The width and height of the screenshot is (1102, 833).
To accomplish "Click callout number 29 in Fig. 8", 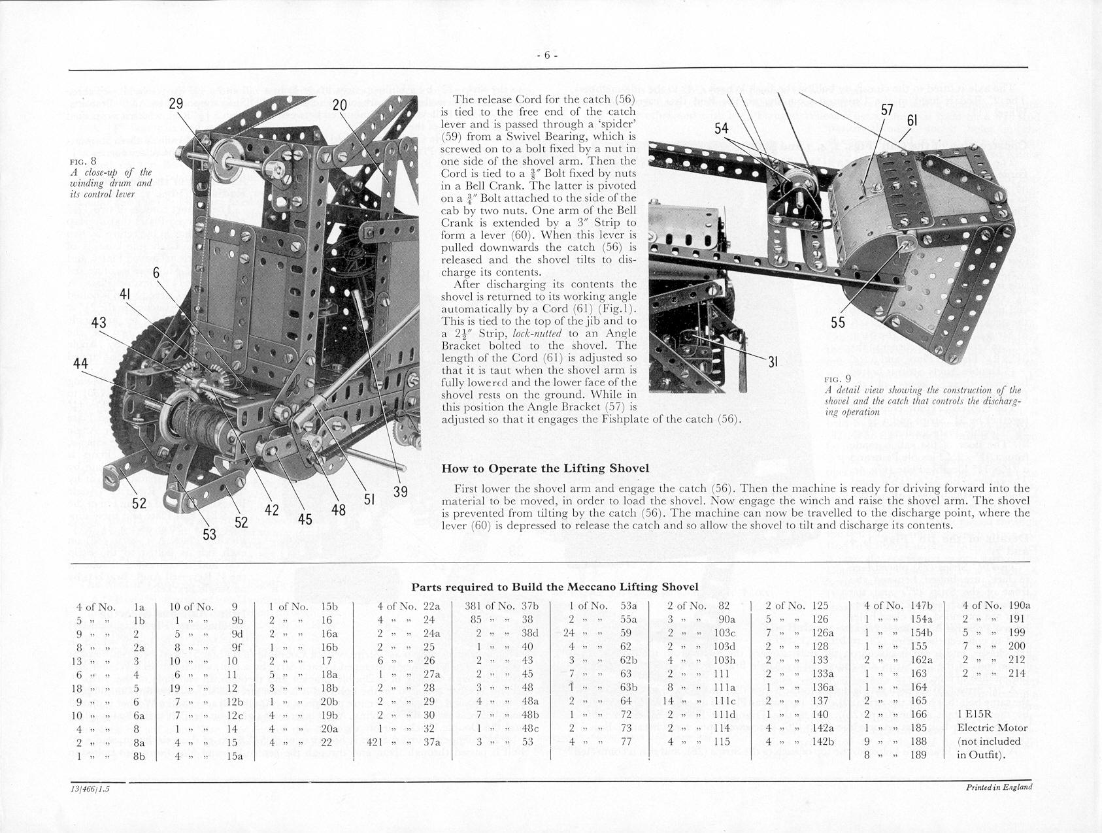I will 176,104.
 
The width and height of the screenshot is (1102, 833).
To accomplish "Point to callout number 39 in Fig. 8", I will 400,491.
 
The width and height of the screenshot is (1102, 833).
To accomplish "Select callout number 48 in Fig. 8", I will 338,509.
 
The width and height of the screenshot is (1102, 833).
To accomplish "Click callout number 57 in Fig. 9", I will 887,110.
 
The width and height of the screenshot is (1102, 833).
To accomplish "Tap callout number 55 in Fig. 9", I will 838,322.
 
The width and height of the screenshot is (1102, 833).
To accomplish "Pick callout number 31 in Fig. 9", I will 772,361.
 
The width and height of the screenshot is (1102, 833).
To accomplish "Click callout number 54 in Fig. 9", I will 722,129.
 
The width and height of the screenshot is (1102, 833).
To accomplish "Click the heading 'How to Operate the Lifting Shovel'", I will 545,468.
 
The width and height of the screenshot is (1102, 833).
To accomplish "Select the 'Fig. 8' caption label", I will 83,161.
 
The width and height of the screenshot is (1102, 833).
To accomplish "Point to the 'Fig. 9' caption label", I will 837,379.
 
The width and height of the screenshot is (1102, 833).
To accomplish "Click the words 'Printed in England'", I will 999,787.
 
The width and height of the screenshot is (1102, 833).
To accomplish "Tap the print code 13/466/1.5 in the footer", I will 91,789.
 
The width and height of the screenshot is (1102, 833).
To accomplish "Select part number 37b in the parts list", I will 529,606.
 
